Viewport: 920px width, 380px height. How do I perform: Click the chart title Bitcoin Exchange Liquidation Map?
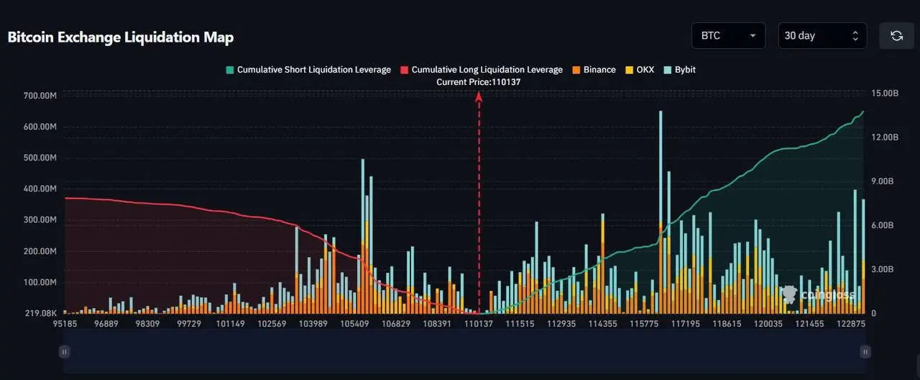tap(121, 37)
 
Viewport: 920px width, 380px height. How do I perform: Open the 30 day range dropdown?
tap(822, 35)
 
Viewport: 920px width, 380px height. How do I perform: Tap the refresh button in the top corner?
tap(896, 35)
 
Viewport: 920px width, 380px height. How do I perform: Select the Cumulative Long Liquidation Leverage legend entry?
tap(481, 70)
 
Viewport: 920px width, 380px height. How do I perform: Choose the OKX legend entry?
tap(639, 70)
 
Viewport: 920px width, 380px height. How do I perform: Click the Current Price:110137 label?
tap(479, 82)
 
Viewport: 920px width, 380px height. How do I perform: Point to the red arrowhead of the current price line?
tap(479, 96)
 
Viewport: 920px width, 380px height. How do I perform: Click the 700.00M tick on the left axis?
tap(40, 96)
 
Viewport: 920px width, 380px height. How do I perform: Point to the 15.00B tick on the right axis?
tap(884, 94)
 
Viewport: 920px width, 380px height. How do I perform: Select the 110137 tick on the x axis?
tap(479, 325)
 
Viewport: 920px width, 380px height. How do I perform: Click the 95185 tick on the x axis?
tap(65, 325)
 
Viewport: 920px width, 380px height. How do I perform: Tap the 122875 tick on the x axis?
tap(851, 325)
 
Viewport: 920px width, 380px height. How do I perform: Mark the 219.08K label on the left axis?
tap(40, 314)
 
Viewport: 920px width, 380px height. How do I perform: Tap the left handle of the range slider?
tap(65, 351)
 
